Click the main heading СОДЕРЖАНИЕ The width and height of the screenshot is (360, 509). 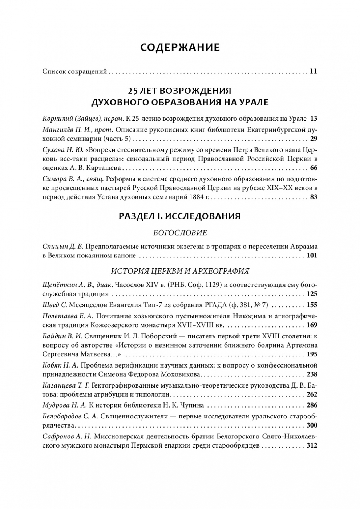[x=180, y=48]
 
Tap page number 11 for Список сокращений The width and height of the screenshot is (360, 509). [x=314, y=71]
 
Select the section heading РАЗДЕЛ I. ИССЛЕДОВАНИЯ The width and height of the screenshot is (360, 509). [x=180, y=216]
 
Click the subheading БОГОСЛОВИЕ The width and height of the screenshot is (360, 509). [x=180, y=233]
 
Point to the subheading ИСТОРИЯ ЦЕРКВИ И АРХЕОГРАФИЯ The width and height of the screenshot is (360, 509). [x=180, y=271]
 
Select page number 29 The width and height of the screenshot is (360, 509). [x=314, y=139]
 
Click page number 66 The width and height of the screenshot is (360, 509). [x=314, y=168]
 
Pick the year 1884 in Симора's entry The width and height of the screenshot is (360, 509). [x=197, y=197]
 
